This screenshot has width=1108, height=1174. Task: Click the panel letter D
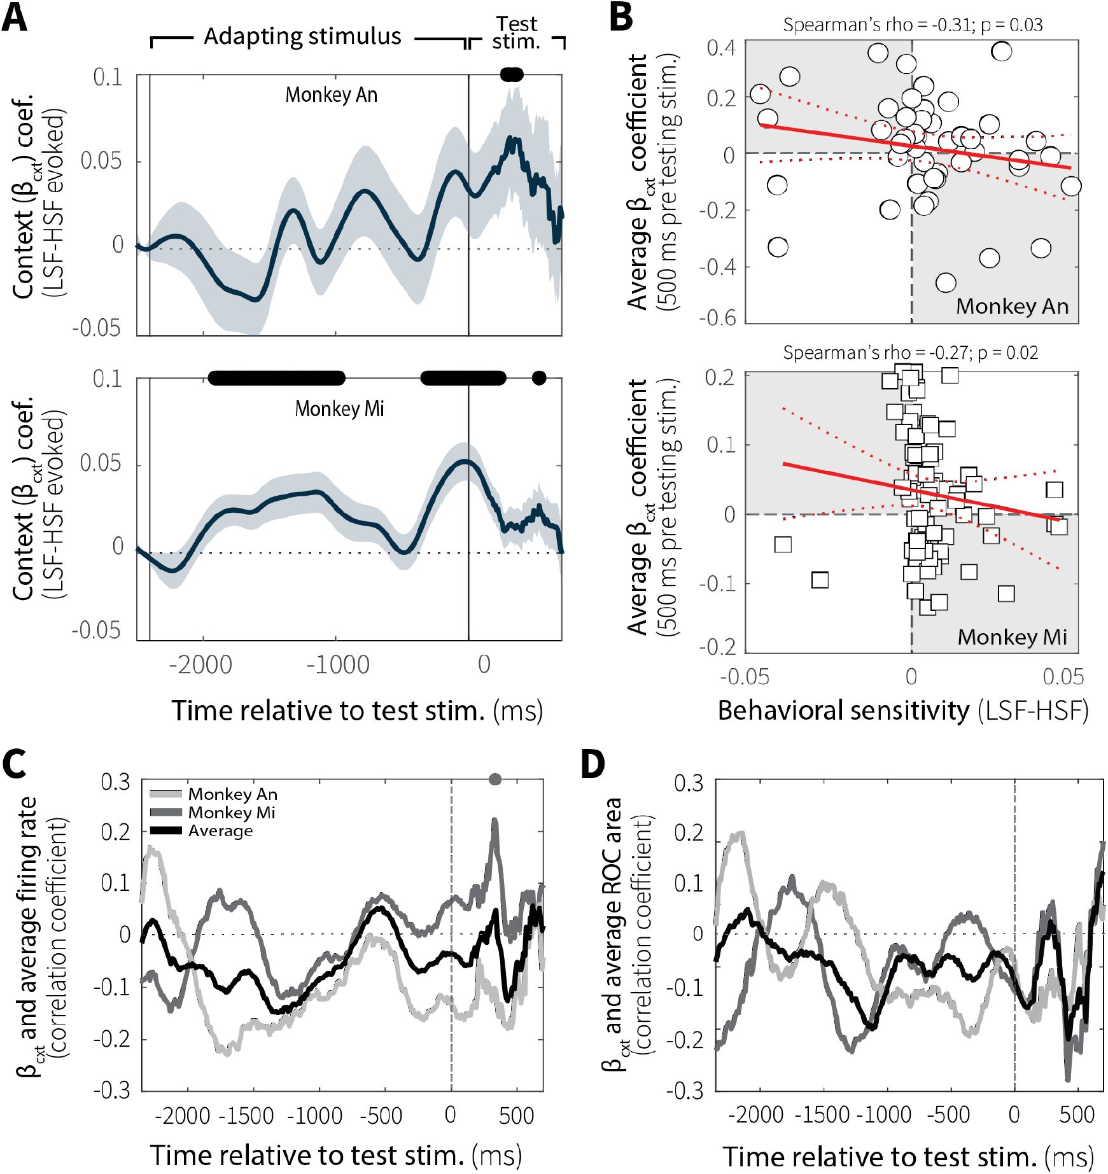pos(593,764)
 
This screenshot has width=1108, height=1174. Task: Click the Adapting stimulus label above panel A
pos(302,37)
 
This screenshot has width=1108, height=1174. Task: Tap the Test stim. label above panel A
pos(516,33)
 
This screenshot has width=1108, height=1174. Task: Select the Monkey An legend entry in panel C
pos(232,794)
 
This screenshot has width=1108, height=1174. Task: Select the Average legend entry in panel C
pos(220,831)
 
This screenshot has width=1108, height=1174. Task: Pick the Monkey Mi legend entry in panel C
pos(232,813)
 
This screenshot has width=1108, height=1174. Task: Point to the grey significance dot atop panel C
pos(495,779)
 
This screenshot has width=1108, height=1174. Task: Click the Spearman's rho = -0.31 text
pos(912,25)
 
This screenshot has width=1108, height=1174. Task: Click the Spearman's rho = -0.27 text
pos(910,353)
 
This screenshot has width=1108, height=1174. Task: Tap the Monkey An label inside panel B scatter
pos(1012,307)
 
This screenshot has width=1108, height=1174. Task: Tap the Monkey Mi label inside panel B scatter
pos(1012,637)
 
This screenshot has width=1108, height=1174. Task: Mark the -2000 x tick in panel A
pos(200,665)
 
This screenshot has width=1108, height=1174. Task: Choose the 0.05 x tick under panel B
pos(1063,676)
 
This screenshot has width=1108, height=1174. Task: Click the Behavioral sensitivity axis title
pos(902,711)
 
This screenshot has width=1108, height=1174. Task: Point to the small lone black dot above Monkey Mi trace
pos(539,379)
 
